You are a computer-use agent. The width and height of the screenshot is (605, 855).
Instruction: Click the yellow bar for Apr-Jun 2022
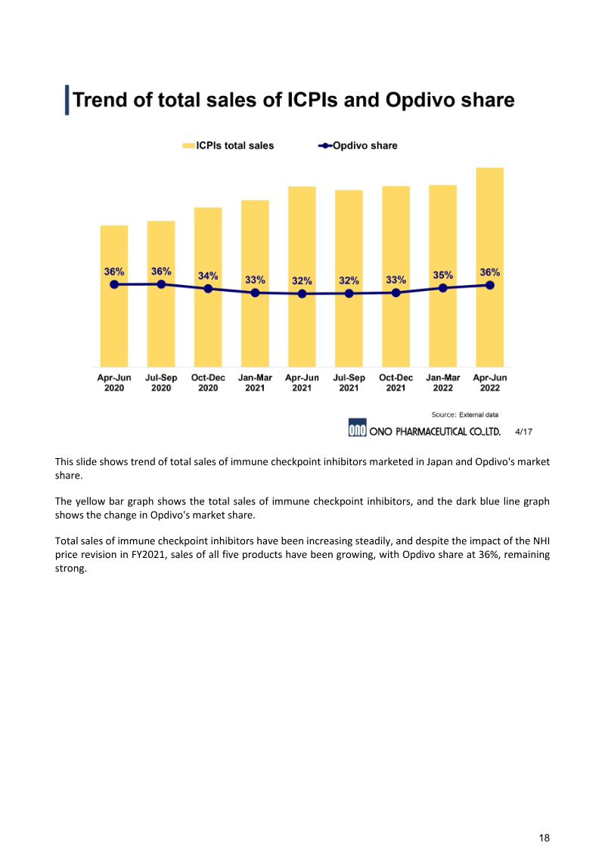(489, 227)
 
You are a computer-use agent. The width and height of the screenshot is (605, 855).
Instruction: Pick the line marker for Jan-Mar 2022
(443, 287)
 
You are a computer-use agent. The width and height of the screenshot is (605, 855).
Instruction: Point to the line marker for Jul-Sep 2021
(349, 293)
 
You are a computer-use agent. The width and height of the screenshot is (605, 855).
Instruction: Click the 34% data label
(208, 276)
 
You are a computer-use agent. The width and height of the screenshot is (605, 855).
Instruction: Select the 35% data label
(443, 275)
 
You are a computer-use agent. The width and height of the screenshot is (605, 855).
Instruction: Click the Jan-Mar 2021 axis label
(255, 383)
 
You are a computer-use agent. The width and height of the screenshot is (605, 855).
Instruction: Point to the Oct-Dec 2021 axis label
(396, 383)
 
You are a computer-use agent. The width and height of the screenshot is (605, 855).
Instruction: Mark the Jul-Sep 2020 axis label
(161, 383)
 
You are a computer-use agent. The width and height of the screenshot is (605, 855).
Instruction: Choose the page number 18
(544, 838)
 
